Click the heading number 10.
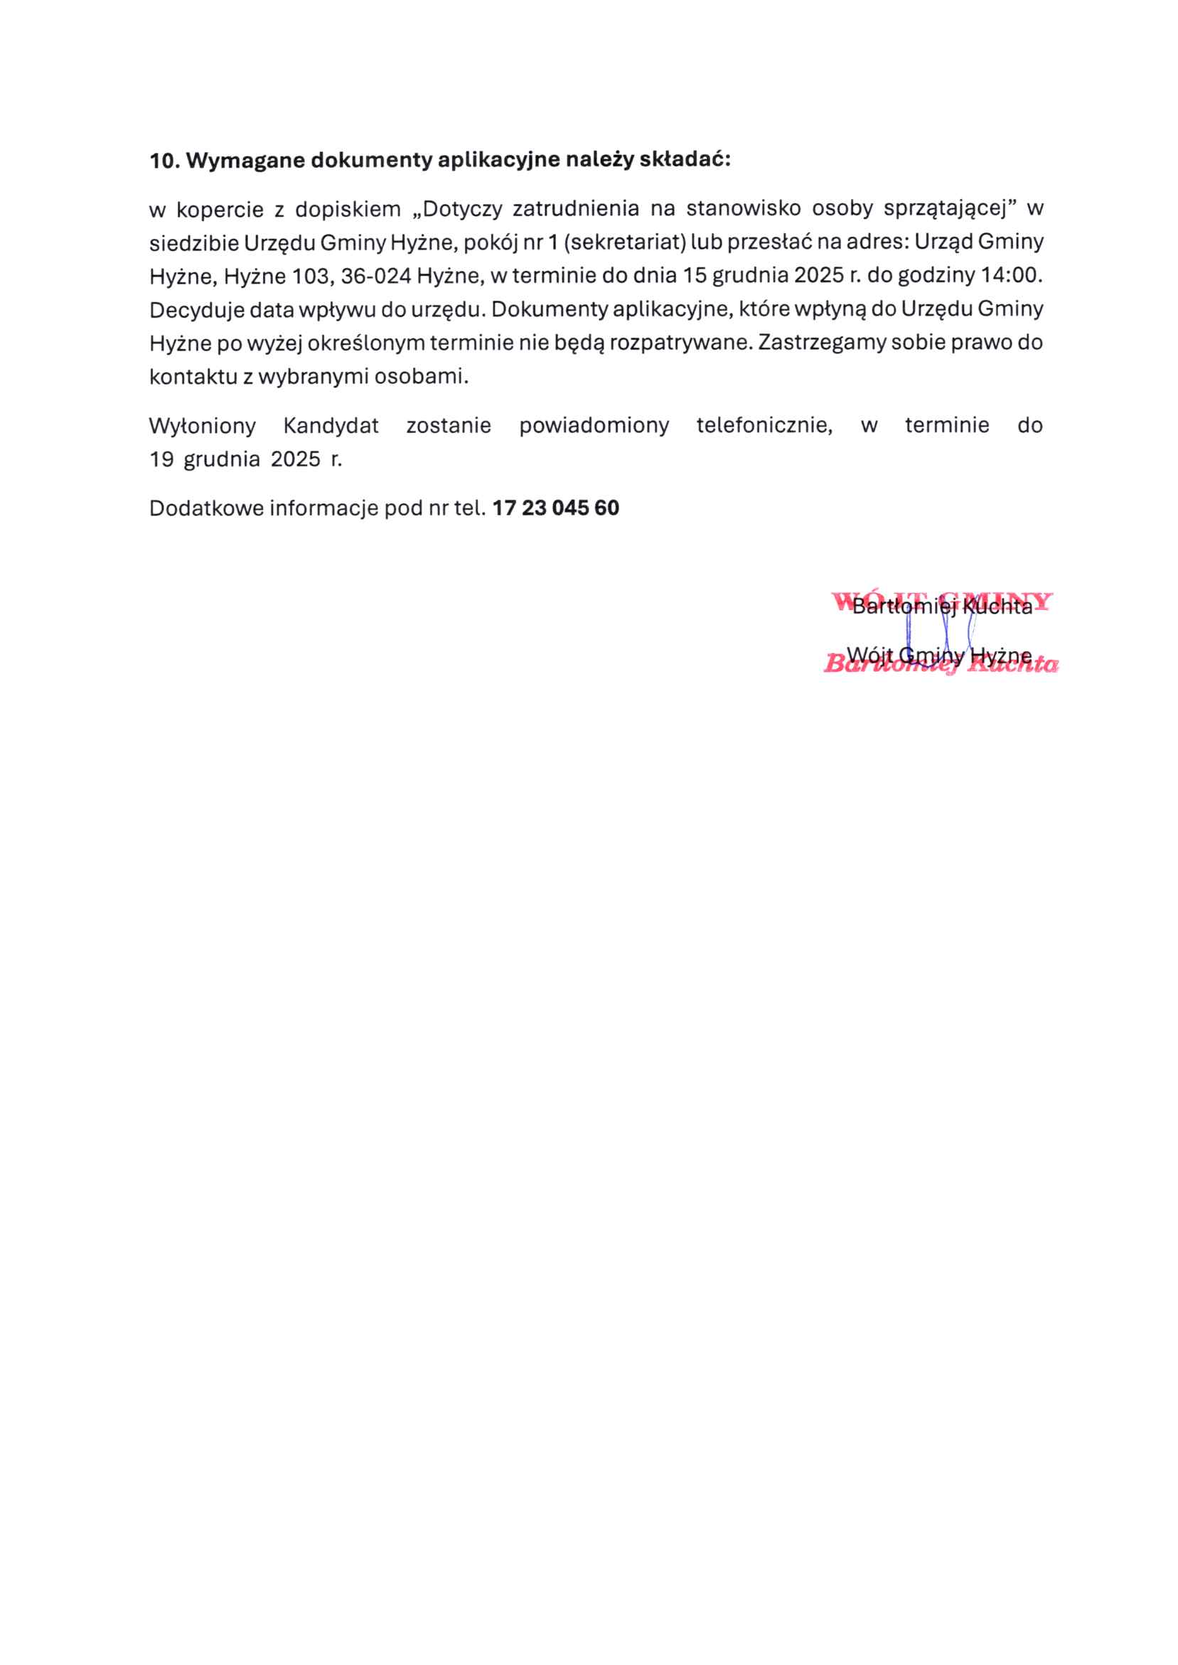pos(164,161)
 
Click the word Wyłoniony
pos(203,426)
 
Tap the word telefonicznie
pos(764,426)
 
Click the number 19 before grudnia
pos(161,459)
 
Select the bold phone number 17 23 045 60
pos(556,508)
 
